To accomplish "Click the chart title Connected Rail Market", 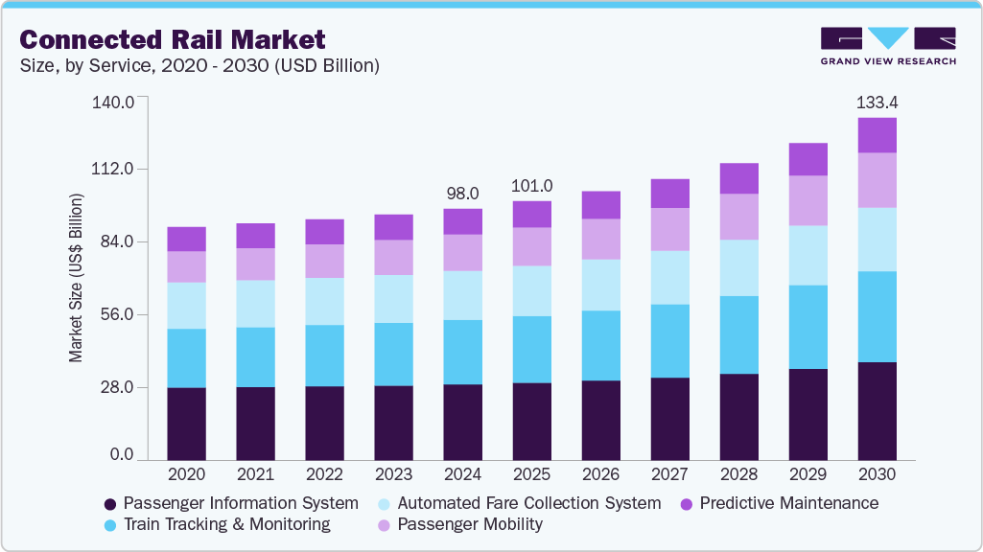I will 174,39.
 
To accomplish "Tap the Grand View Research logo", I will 888,46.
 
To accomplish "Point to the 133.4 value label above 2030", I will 877,103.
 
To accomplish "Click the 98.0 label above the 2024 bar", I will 462,194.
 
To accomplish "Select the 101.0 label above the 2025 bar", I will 531,186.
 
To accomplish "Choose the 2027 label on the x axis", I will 669,475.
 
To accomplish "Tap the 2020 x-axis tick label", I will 186,475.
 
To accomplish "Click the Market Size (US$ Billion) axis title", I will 76,278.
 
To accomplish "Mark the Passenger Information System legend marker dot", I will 110,504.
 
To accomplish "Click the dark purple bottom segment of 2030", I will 877,411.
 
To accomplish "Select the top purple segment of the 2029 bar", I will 807,159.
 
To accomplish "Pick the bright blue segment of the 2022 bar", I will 324,356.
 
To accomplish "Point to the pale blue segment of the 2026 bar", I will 600,285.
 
